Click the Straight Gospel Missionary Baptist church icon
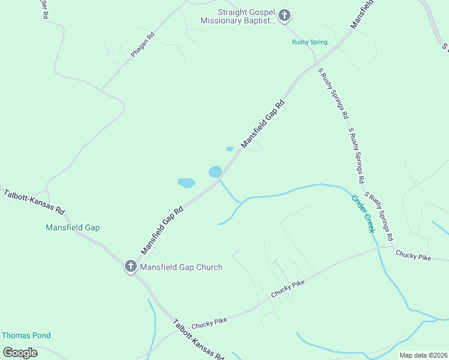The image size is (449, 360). (285, 16)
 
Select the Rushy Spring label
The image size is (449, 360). (310, 42)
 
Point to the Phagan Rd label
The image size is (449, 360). (142, 45)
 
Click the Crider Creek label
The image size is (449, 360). (363, 214)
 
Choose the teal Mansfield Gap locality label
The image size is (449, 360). (73, 227)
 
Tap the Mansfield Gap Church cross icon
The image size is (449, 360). (131, 266)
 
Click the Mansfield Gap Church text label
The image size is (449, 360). (181, 267)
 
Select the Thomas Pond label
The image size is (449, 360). (26, 335)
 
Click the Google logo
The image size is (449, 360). (20, 353)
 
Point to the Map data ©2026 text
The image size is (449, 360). (423, 355)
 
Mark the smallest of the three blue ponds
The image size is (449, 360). (229, 149)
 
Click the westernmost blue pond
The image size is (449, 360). (186, 182)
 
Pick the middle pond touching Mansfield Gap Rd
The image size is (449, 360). (215, 172)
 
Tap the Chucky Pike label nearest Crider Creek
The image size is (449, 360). (413, 256)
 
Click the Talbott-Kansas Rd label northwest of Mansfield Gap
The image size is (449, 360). (34, 203)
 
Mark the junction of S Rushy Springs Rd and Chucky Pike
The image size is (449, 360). (392, 245)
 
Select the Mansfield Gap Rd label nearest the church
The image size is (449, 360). (161, 230)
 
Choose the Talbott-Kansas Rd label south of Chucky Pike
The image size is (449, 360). (198, 339)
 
